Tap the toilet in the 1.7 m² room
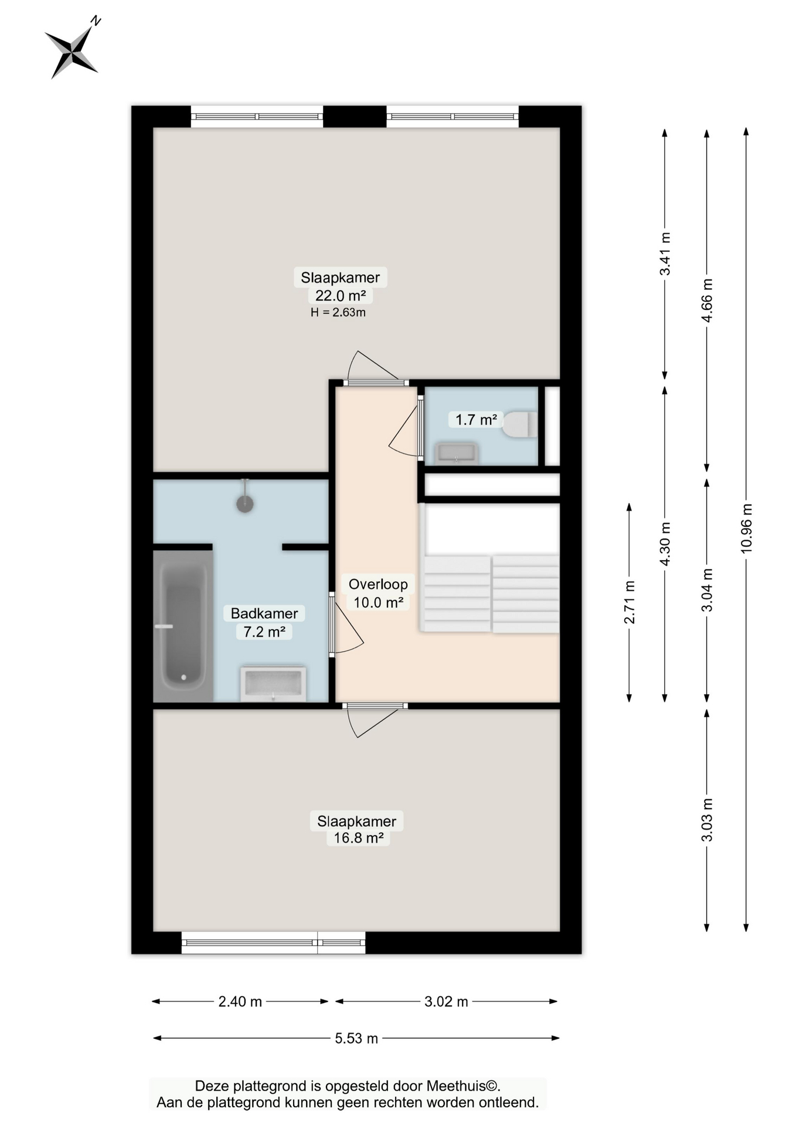tap(520, 425)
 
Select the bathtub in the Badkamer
tap(183, 626)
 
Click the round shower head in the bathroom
tap(245, 503)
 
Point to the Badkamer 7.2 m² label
tap(264, 622)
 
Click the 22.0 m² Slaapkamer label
tap(340, 287)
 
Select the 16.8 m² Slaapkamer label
tap(357, 829)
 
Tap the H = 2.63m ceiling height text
tap(338, 313)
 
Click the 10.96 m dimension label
tap(746, 528)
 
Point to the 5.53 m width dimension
tap(356, 1038)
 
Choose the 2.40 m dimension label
tap(240, 1001)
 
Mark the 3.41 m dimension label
tap(665, 254)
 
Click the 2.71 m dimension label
tap(630, 602)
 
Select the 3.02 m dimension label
tap(446, 1001)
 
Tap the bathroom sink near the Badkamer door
tap(273, 683)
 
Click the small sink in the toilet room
tap(456, 453)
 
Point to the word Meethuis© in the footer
tap(463, 1086)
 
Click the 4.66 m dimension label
tap(707, 300)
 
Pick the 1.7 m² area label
tap(476, 420)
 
